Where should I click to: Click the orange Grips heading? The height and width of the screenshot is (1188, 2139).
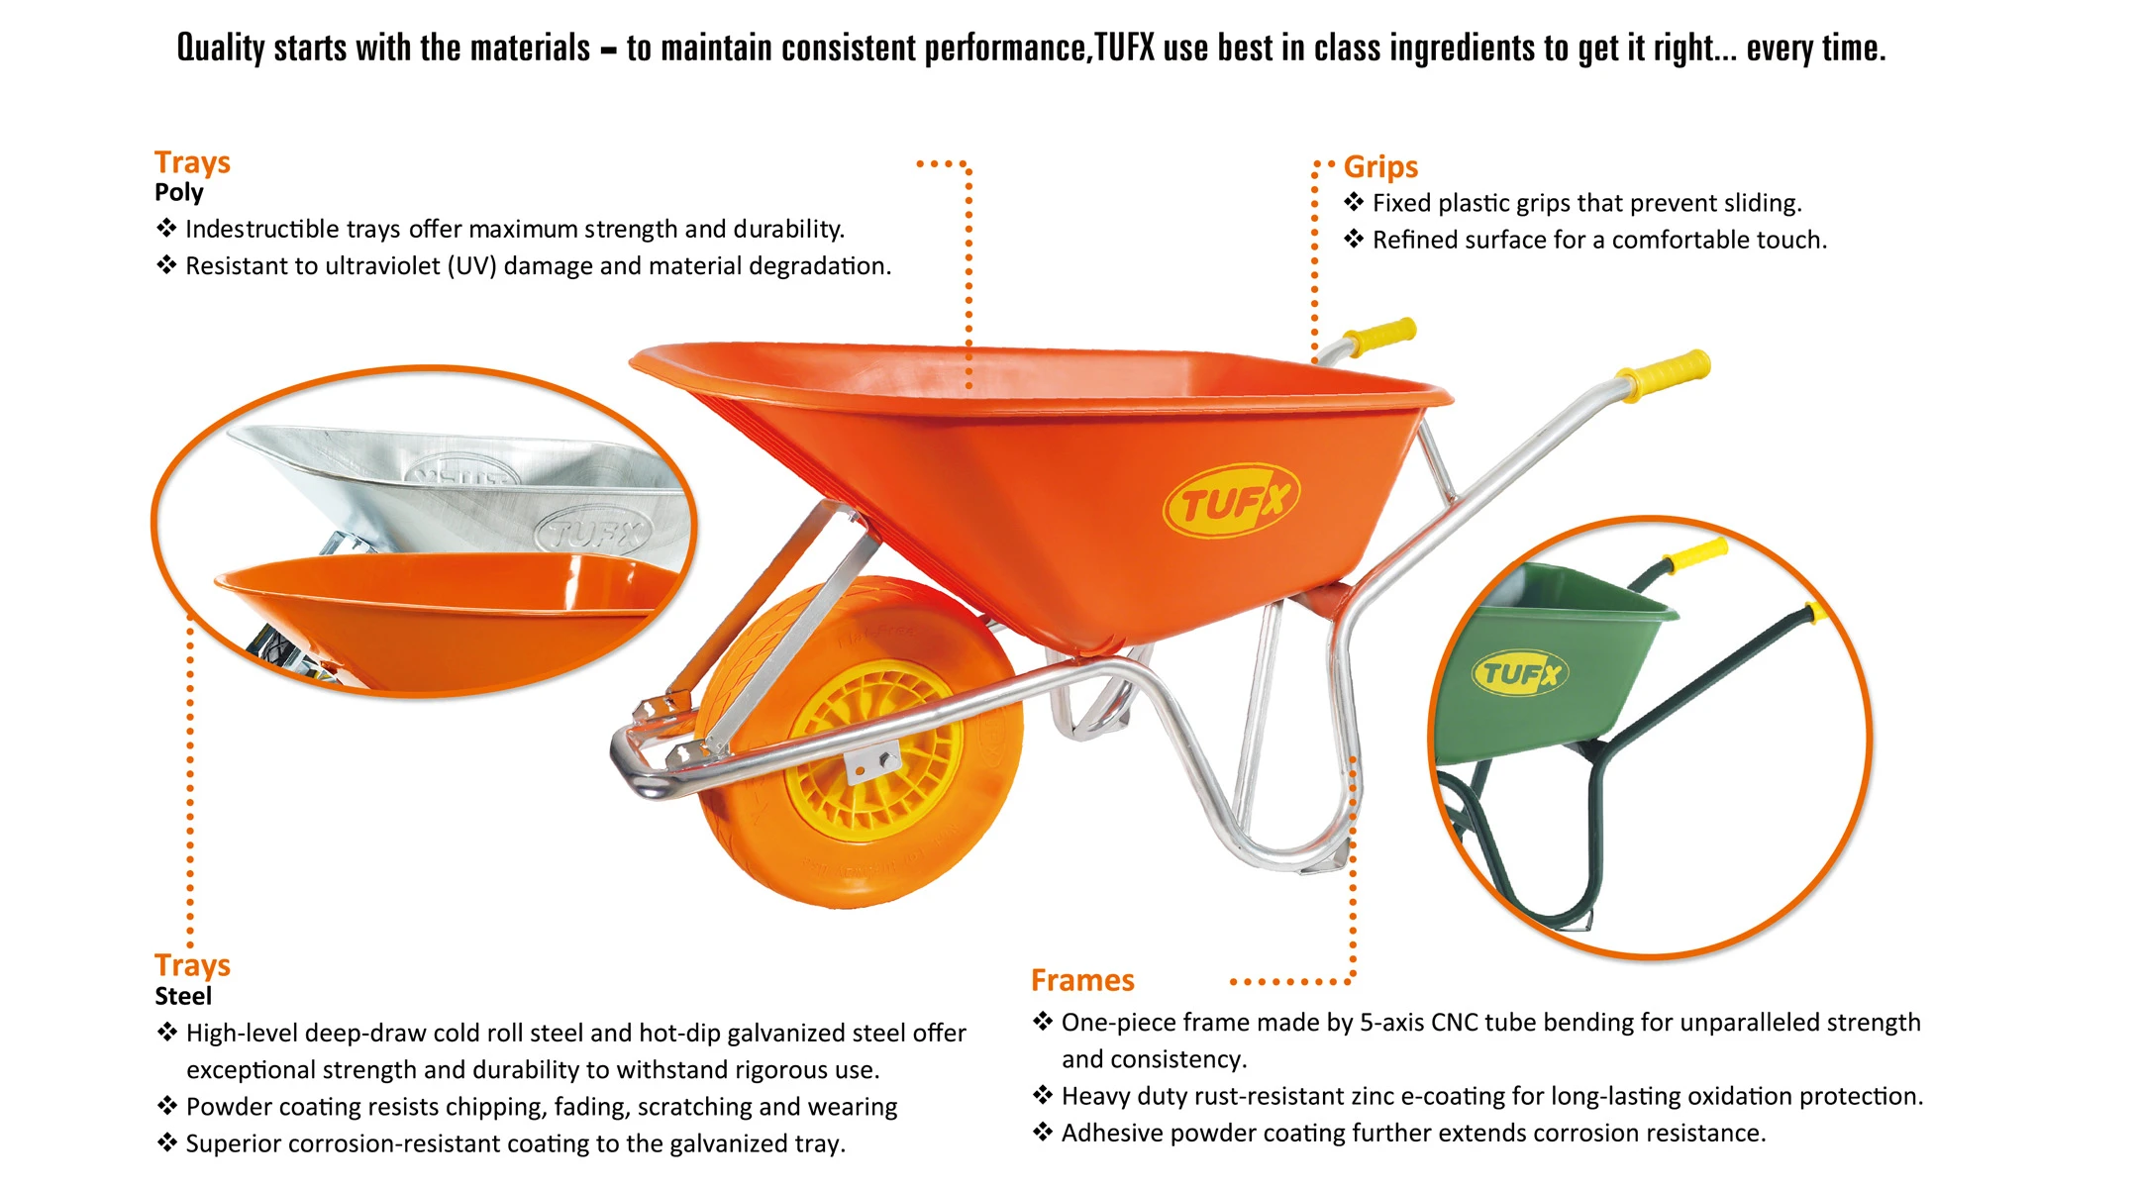tap(1380, 167)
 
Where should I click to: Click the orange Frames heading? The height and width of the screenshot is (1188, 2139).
tap(1082, 980)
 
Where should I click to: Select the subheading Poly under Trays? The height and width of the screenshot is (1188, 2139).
tap(179, 193)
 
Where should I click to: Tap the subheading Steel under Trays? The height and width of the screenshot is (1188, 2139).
tap(183, 996)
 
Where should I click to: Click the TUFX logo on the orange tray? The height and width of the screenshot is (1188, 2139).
tap(1230, 501)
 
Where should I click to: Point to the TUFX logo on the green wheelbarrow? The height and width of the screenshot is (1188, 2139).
tap(1520, 674)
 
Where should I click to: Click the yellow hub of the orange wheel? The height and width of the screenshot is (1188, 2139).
tap(876, 752)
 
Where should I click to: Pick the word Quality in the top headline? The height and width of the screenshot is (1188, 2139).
tap(221, 48)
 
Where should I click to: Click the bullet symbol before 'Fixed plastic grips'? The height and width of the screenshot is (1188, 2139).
tap(1354, 203)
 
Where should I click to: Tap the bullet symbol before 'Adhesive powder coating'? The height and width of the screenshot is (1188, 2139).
tap(1043, 1133)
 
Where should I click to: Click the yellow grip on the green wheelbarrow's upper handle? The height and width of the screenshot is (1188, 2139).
tap(1698, 554)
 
